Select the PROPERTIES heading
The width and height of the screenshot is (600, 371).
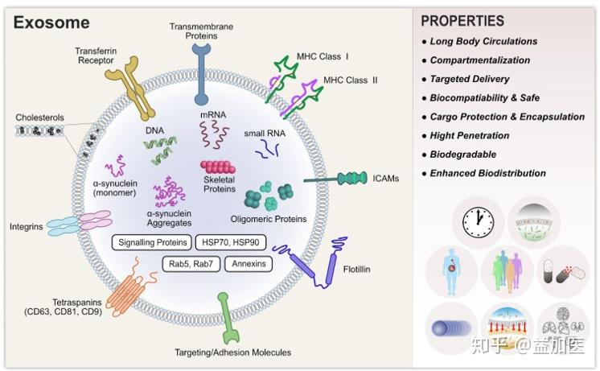462,21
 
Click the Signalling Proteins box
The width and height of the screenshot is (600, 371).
151,242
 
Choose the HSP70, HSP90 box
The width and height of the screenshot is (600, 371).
231,242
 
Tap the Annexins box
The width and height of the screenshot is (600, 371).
248,264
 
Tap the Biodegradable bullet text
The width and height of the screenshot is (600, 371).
462,154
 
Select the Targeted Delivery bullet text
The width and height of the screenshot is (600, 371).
470,79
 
